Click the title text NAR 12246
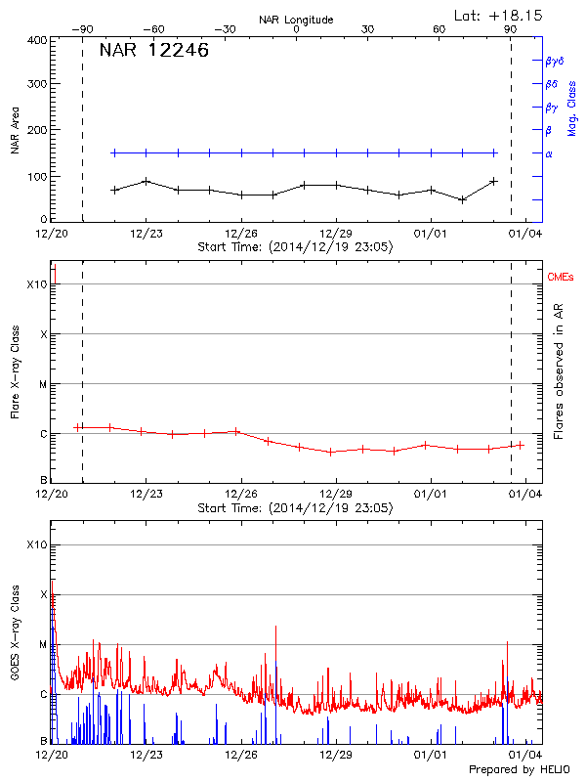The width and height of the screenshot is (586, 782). click(153, 51)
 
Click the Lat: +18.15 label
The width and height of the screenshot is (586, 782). click(500, 15)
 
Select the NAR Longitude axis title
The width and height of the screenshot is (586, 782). click(296, 20)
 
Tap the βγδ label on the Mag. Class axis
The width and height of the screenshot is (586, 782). click(553, 61)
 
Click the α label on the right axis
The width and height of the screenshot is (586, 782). click(548, 153)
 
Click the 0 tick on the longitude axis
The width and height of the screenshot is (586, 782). click(296, 29)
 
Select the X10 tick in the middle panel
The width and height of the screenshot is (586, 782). click(35, 284)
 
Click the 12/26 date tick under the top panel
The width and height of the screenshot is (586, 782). click(241, 234)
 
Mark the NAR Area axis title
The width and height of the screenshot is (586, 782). click(16, 132)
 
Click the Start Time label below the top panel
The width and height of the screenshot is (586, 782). click(295, 246)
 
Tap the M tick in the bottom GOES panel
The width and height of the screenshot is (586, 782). click(41, 644)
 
